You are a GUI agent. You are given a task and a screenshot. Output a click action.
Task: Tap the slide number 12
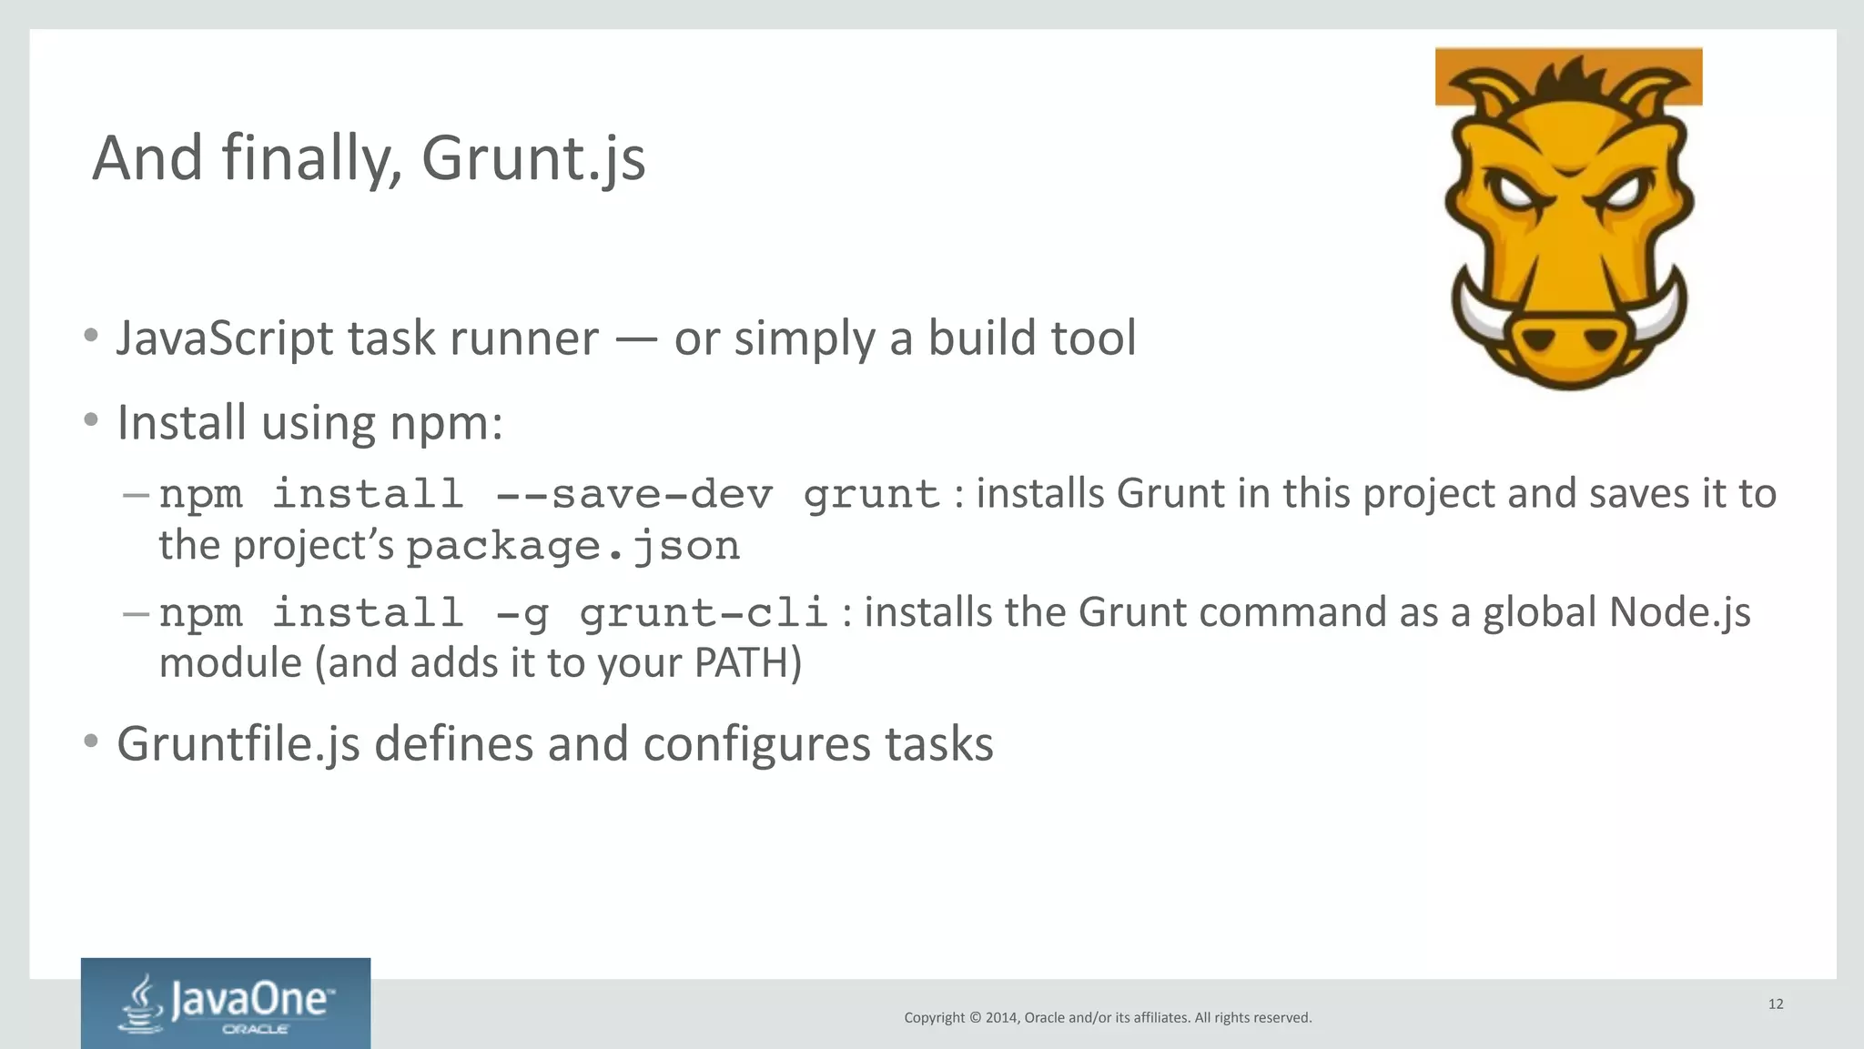click(1776, 1004)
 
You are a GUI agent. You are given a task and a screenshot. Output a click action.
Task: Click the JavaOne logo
click(226, 1004)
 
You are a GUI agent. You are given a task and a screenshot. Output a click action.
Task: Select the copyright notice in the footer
click(1108, 1018)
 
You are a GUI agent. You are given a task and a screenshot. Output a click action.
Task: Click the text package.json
click(572, 547)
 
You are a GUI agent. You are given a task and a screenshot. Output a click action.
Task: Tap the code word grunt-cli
click(703, 613)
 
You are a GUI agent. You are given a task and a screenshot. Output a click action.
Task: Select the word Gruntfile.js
click(238, 745)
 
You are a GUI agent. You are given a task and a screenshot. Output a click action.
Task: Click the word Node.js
click(1679, 613)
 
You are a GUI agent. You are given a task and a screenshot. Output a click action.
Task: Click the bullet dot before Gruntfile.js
click(90, 741)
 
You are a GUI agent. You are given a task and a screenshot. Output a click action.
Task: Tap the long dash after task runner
click(636, 339)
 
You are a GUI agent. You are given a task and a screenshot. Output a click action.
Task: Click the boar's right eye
click(1621, 193)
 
